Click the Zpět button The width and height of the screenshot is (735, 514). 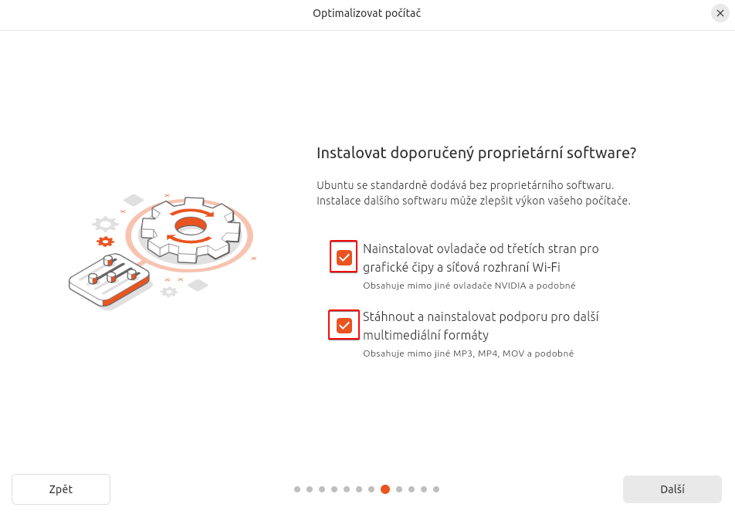[61, 489]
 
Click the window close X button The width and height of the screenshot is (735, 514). [720, 13]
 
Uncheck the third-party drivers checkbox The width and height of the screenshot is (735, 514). [344, 257]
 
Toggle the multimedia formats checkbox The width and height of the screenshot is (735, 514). [344, 326]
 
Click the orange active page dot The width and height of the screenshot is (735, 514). [385, 489]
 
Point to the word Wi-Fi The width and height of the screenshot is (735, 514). [544, 268]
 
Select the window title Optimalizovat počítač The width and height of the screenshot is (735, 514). [367, 13]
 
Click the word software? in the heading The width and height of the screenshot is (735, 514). [601, 153]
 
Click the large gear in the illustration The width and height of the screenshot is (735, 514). [189, 227]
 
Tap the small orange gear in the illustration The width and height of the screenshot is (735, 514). [105, 242]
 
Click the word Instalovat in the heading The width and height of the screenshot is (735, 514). [350, 153]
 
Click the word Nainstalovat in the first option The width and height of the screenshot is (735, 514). [400, 249]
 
